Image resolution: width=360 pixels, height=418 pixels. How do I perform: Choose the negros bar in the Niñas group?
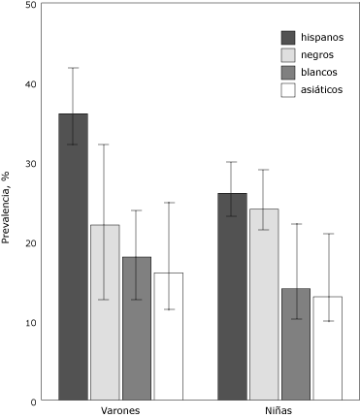264,305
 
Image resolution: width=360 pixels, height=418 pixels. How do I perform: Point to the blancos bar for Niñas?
296,344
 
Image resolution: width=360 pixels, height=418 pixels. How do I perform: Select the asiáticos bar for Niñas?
327,348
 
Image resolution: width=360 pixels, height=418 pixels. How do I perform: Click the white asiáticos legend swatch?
288,90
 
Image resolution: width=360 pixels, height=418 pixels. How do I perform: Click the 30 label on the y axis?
31,163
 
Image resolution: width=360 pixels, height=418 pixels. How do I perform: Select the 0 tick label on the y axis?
34,401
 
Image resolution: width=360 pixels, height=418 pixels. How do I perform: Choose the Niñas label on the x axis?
279,411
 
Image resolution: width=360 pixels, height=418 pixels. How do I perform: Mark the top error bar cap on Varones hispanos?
73,68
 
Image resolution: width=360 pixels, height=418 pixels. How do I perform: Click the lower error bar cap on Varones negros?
105,300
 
